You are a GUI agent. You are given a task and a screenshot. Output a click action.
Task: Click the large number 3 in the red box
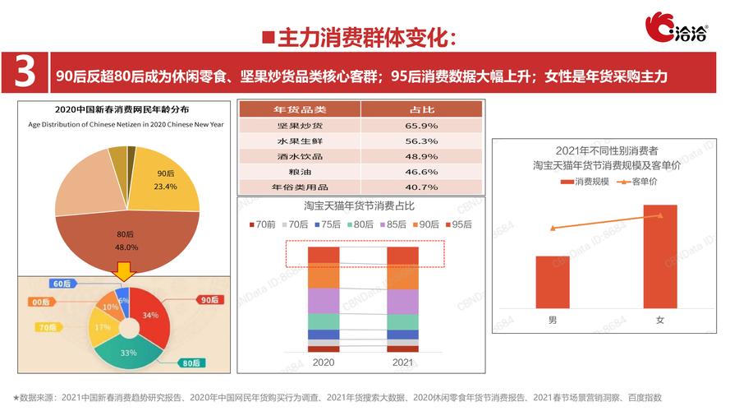25,72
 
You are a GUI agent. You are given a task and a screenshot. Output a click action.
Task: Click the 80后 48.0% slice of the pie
123,238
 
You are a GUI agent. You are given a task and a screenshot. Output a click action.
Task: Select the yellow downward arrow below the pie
124,272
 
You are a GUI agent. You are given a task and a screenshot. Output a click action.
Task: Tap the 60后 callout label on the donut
62,284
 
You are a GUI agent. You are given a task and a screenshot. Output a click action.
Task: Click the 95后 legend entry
457,224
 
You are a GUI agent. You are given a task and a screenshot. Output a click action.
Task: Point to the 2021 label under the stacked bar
402,362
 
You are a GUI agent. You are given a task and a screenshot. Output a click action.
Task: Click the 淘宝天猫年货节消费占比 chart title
359,205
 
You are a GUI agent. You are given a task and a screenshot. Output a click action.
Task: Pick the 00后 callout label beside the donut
41,302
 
